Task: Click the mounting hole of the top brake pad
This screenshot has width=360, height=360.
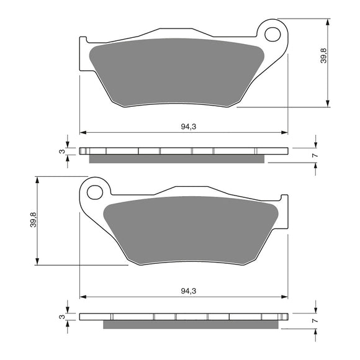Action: point(272,34)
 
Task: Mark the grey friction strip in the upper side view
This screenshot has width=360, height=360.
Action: point(177,159)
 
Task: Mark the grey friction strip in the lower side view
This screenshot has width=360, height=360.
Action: point(192,324)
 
